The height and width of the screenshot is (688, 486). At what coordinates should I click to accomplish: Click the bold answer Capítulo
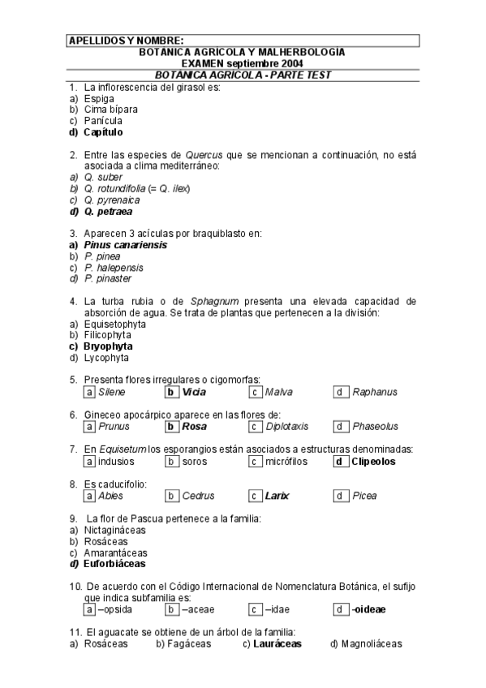[x=103, y=131]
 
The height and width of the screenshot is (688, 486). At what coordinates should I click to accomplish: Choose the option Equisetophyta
[x=113, y=323]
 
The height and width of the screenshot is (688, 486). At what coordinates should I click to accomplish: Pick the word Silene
[x=111, y=393]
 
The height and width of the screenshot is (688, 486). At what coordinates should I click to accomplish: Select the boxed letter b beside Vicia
[x=171, y=393]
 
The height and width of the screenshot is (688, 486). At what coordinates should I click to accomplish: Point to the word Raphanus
[x=375, y=393]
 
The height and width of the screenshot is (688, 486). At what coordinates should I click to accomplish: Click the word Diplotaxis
[x=288, y=427]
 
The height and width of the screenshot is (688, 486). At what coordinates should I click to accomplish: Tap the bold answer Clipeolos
[x=373, y=462]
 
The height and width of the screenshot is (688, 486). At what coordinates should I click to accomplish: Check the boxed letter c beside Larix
[x=255, y=496]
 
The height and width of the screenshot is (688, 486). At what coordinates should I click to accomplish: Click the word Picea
[x=364, y=496]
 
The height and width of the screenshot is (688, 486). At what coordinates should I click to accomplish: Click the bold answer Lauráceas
[x=277, y=644]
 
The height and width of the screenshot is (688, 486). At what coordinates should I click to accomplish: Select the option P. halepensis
[x=114, y=267]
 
